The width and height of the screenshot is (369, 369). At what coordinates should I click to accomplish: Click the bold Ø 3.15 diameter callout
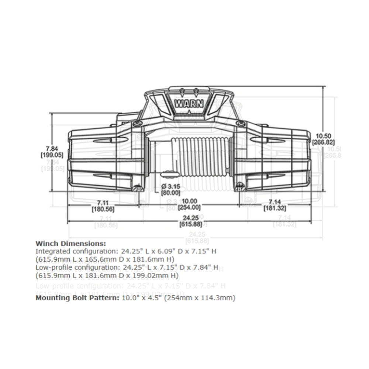click(x=170, y=186)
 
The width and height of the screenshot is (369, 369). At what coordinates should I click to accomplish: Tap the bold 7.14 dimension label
click(x=275, y=202)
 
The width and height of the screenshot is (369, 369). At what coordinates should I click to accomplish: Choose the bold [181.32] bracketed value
click(x=275, y=208)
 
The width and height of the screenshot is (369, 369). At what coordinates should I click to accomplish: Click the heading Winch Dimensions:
click(x=70, y=244)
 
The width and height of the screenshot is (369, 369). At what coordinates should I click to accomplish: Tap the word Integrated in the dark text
click(x=51, y=251)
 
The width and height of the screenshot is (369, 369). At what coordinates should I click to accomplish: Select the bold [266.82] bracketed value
click(x=323, y=142)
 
